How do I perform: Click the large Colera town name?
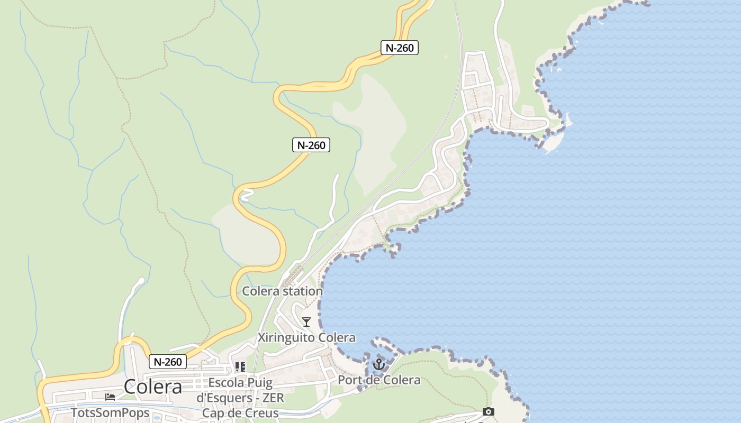153,387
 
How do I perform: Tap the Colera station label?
282,291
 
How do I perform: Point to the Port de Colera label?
379,380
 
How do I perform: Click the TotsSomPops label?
110,413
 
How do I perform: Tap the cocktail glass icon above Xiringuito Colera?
306,321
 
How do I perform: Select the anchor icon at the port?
378,364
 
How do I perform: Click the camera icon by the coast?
488,411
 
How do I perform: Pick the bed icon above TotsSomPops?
110,397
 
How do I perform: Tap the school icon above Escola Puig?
240,367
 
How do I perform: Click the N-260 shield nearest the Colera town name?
168,362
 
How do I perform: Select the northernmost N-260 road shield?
400,48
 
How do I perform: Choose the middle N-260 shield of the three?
311,145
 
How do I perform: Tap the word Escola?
227,383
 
